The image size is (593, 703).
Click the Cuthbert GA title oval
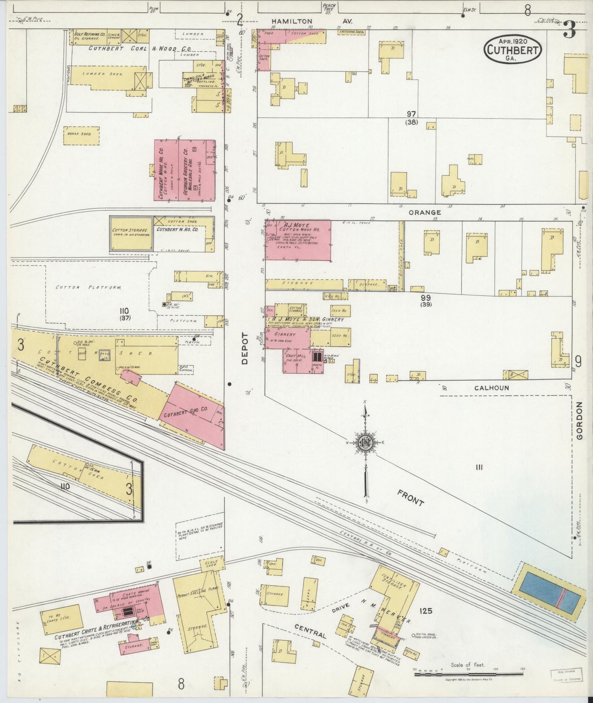(513, 50)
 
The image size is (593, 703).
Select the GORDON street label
(579, 427)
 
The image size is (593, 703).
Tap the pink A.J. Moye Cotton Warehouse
(298, 240)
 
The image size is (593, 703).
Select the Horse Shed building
(81, 135)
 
